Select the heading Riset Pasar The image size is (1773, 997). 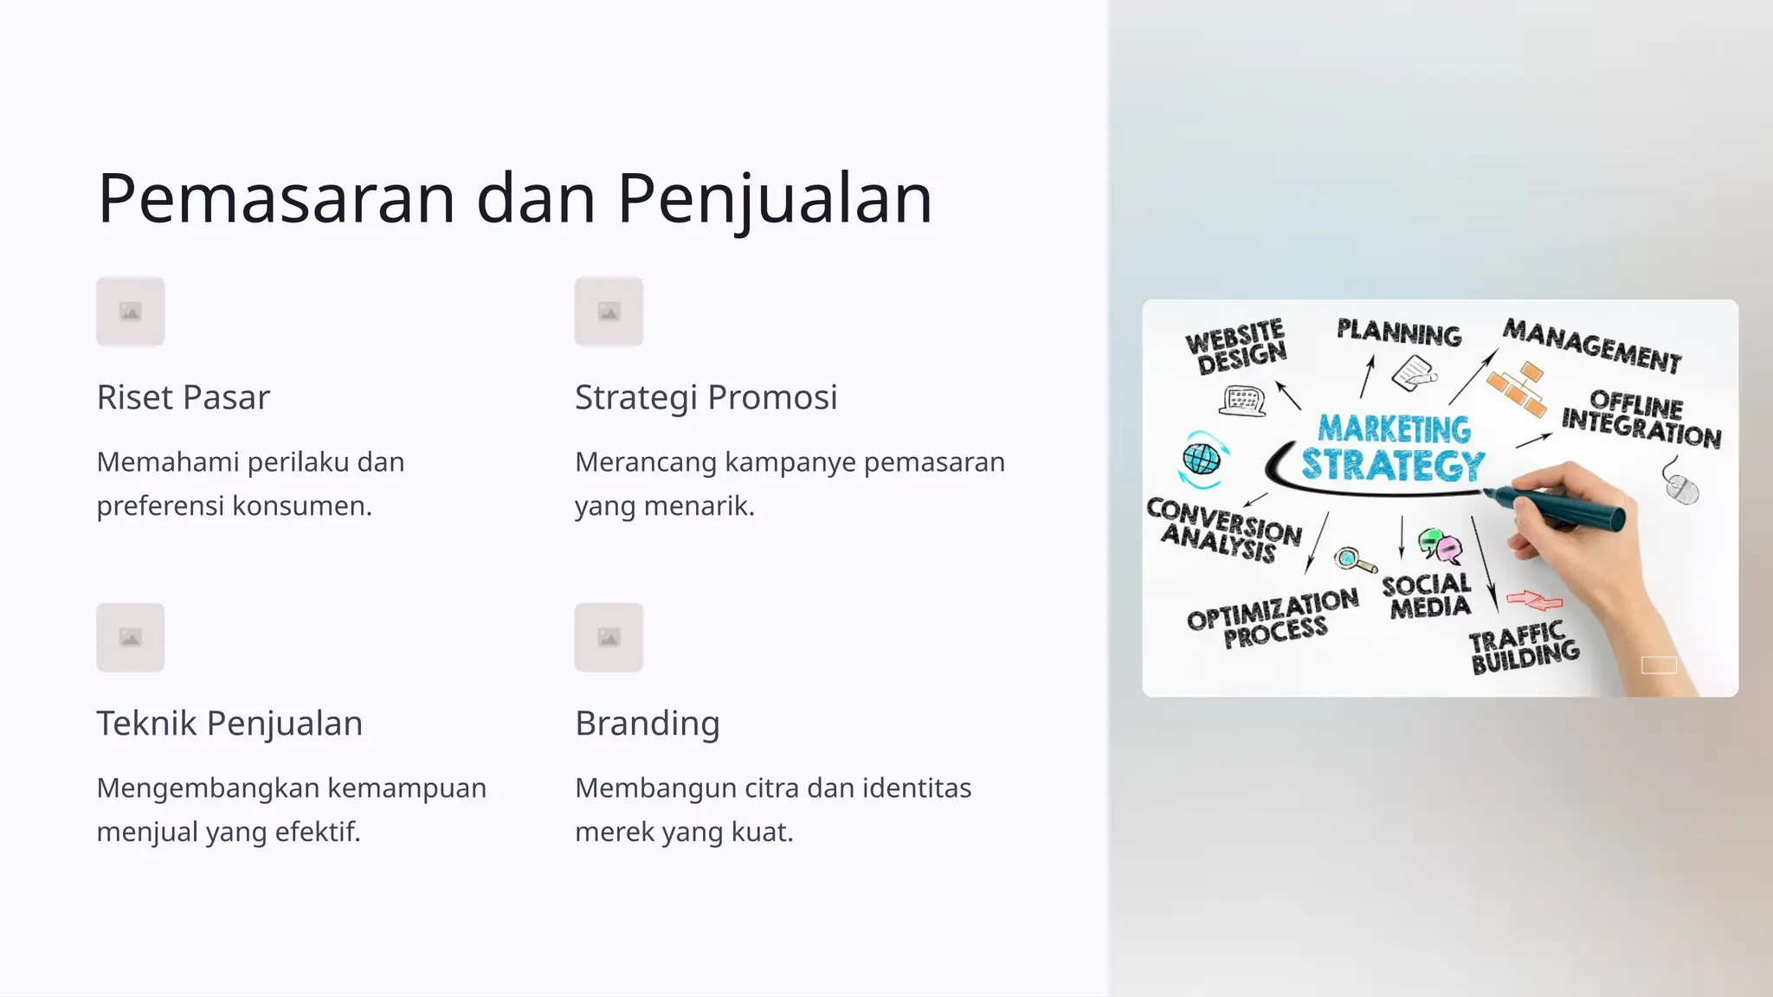(184, 397)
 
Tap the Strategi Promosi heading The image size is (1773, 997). (706, 397)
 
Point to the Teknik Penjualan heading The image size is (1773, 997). (229, 724)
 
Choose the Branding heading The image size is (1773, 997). (648, 724)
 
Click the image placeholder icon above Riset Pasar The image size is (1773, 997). (131, 312)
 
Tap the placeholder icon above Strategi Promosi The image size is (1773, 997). (609, 312)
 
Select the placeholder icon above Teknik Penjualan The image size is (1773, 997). (131, 638)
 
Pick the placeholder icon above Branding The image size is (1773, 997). (609, 638)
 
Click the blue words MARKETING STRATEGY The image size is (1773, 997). (1393, 448)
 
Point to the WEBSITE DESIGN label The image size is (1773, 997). (1236, 346)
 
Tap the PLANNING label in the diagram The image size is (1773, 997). (1399, 332)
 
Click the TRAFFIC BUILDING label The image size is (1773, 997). (1524, 647)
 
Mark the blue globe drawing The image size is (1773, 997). (1202, 459)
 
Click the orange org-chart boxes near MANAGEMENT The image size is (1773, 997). (1518, 389)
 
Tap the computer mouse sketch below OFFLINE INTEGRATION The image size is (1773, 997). (1682, 489)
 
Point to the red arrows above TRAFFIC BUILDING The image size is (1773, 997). (1534, 599)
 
